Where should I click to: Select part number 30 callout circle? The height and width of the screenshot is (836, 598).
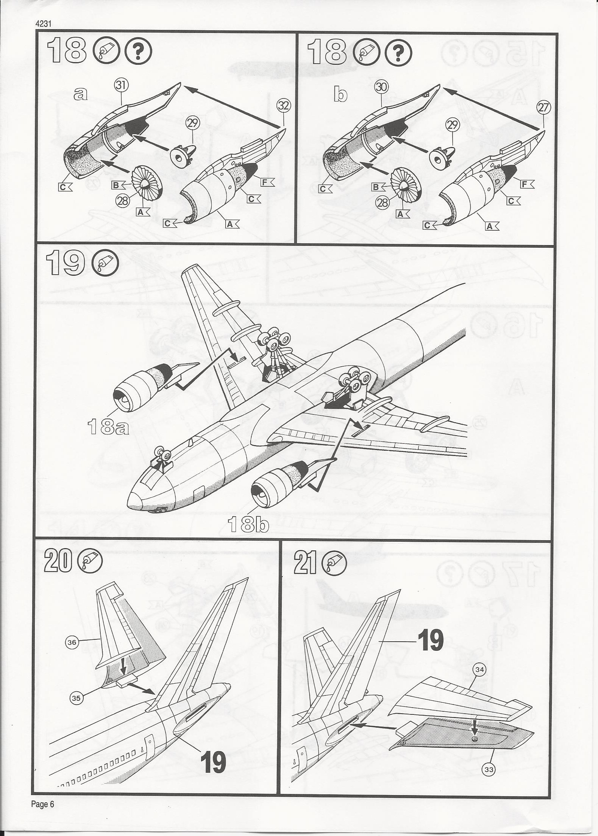click(382, 87)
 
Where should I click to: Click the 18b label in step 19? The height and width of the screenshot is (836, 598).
click(249, 525)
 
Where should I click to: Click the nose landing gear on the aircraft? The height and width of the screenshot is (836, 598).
click(162, 458)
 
